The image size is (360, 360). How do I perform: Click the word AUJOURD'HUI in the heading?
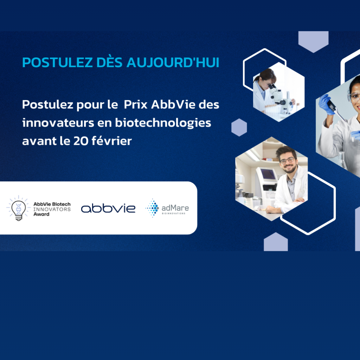point(173,62)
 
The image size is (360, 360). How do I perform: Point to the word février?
point(112,141)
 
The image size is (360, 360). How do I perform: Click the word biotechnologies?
point(163,123)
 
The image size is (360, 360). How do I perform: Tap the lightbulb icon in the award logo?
point(19,208)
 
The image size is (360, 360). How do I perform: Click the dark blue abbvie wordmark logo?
point(108,208)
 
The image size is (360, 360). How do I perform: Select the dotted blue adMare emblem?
point(152,208)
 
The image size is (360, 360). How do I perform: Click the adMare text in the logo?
point(175,208)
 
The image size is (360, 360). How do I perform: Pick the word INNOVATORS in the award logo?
point(52,209)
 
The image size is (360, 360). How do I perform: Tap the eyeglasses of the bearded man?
point(287,160)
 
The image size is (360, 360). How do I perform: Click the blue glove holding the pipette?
point(327,104)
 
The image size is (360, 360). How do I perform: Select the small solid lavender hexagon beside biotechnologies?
point(239,127)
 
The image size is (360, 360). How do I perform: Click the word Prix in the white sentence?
point(135,104)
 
